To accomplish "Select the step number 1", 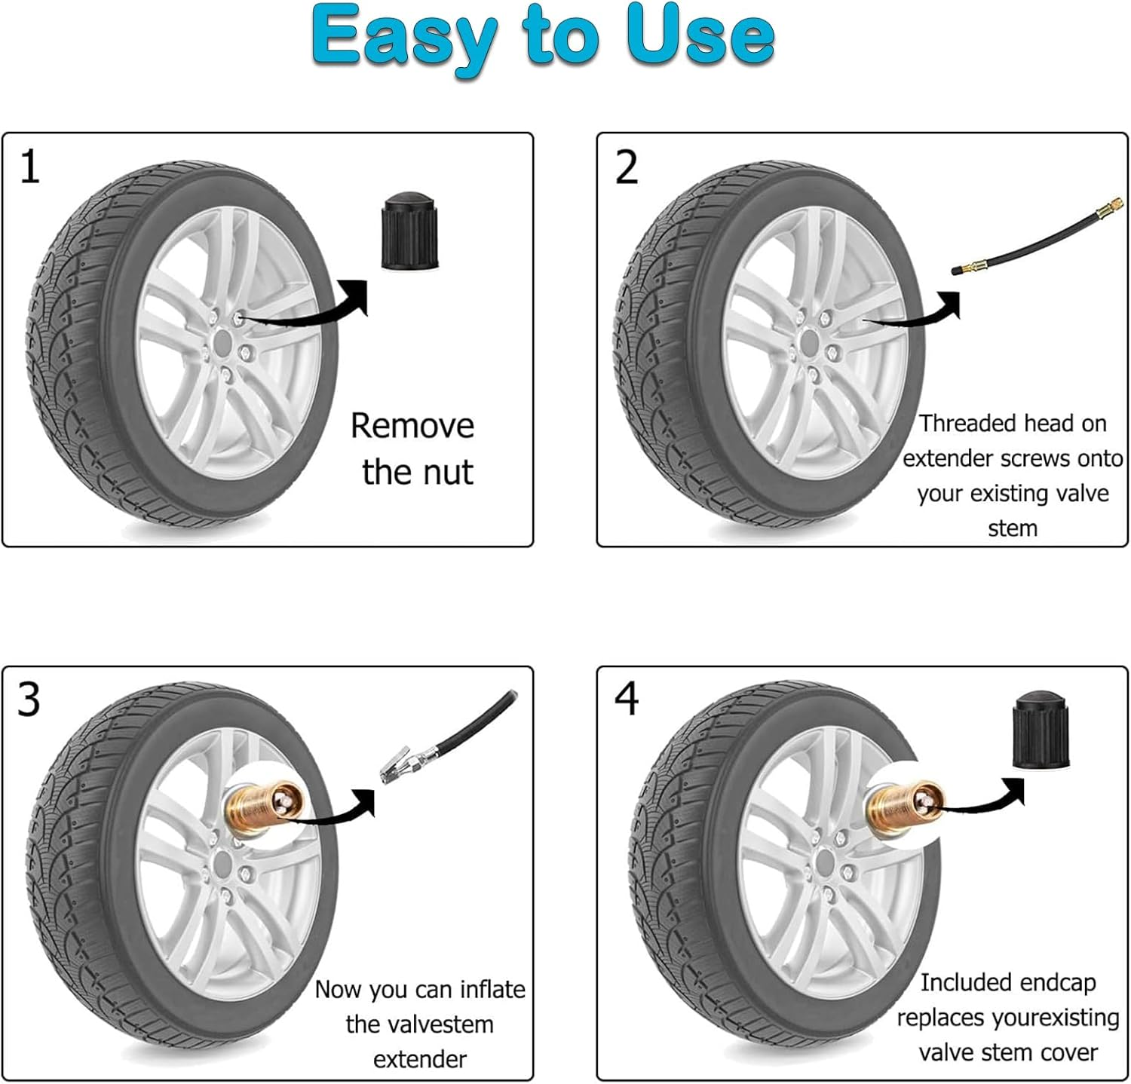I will click(x=29, y=167).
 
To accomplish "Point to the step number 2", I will click(x=627, y=167).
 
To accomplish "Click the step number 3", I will click(x=29, y=700).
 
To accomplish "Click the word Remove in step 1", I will click(x=412, y=426).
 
